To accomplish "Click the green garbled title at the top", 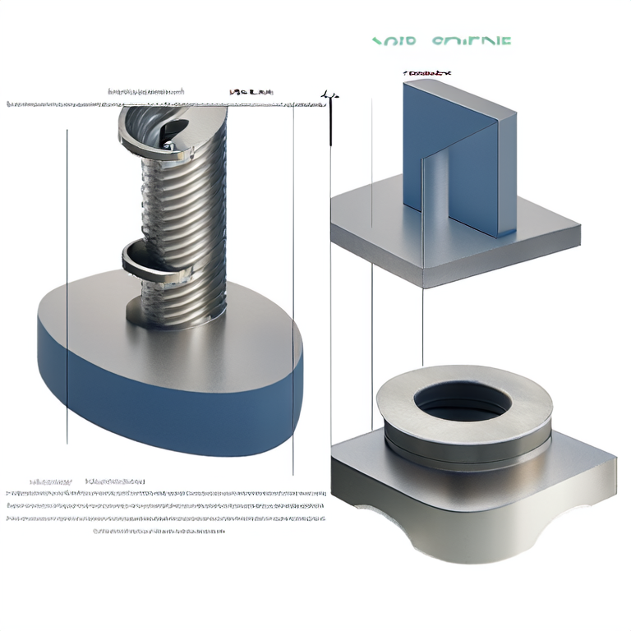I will (x=440, y=41).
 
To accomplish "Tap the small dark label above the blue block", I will (x=428, y=73).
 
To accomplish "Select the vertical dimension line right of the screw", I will (x=293, y=288).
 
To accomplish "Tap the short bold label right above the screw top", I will (x=251, y=92).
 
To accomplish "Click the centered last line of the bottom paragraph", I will (x=158, y=531).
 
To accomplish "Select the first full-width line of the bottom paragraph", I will (x=164, y=494).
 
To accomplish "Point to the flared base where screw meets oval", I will (x=177, y=316).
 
